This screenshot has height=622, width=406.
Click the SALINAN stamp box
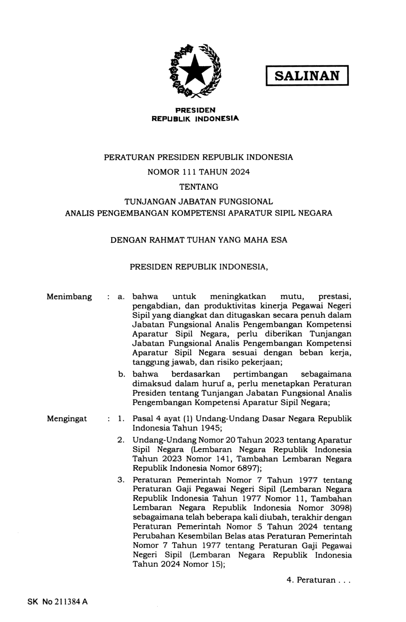click(x=307, y=75)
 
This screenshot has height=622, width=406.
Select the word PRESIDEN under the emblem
click(x=195, y=110)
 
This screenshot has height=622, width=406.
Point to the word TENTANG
click(x=199, y=187)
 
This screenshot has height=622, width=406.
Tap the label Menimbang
click(x=69, y=297)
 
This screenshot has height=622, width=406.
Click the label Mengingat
click(x=67, y=418)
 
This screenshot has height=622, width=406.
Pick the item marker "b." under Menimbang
click(x=121, y=374)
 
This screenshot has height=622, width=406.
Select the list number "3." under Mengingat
click(x=121, y=480)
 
